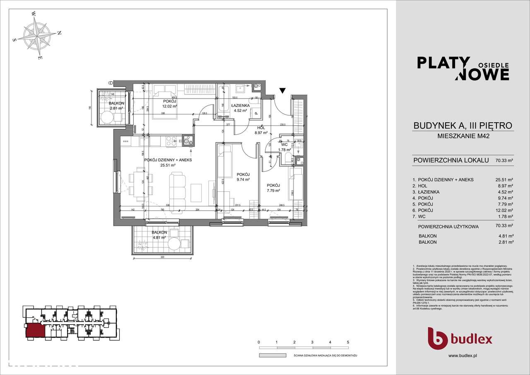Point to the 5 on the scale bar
[x=348, y=342]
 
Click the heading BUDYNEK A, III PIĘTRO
[x=463, y=125]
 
